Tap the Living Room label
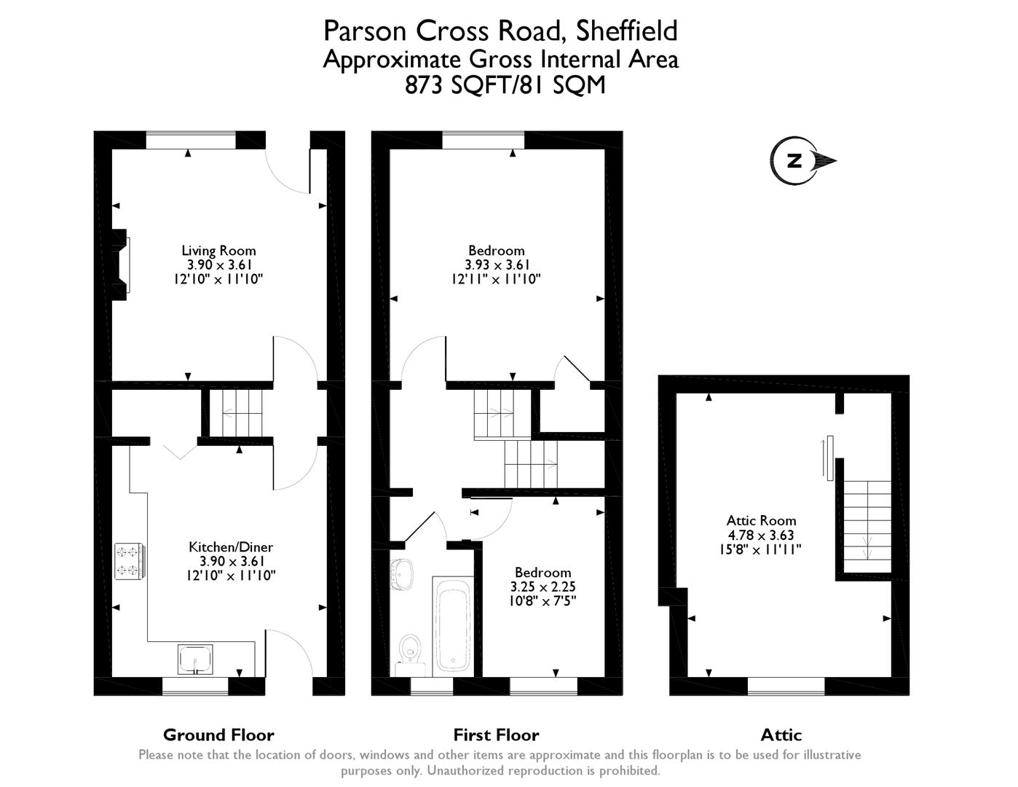[218, 251]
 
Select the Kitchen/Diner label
[231, 547]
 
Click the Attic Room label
[761, 520]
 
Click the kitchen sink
[196, 659]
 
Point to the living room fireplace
[119, 265]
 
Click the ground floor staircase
[236, 413]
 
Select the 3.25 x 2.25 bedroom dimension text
[542, 587]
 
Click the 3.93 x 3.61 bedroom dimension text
[497, 265]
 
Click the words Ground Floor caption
[218, 735]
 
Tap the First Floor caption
[496, 735]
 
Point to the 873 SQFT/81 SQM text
[505, 85]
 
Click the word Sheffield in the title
[627, 31]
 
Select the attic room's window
[786, 684]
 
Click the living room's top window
[192, 139]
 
